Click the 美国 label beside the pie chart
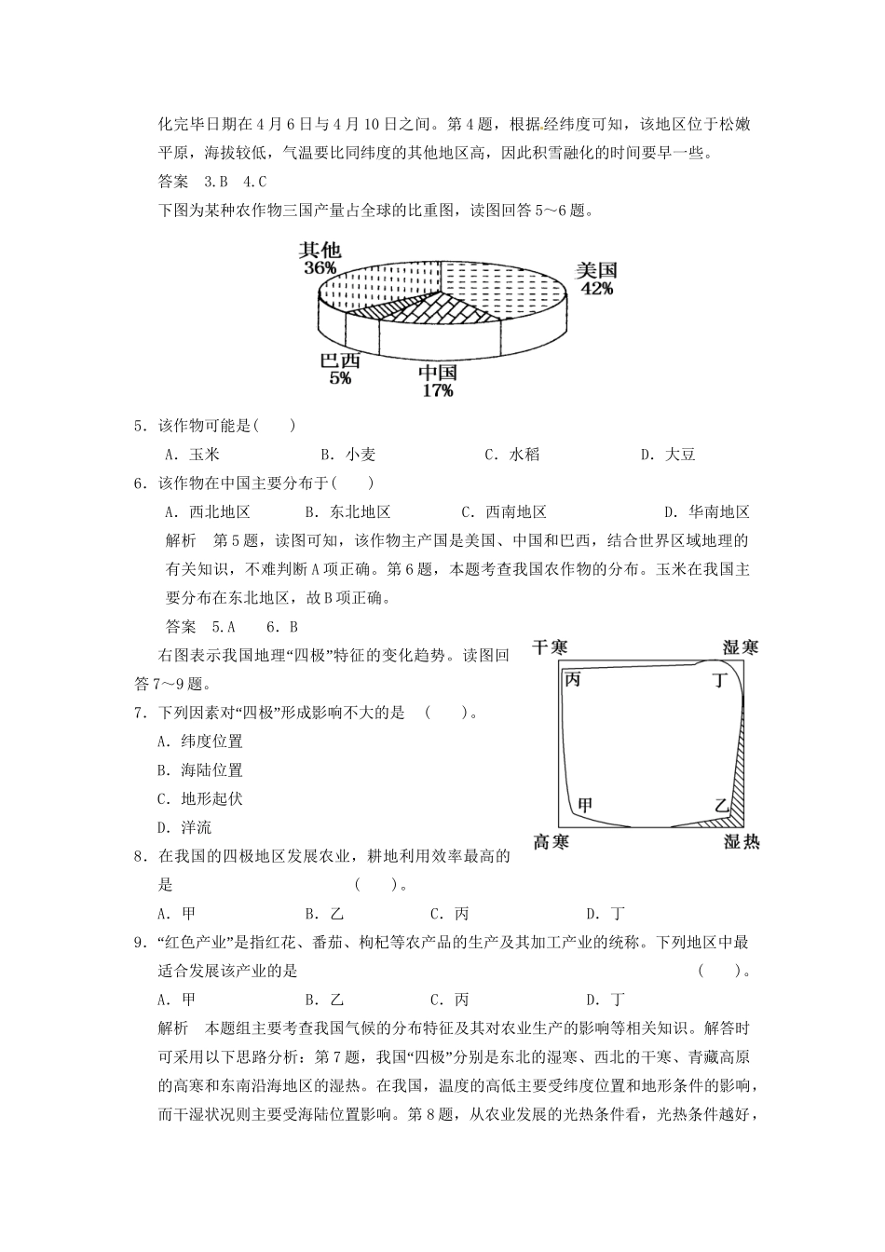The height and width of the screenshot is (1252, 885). [596, 270]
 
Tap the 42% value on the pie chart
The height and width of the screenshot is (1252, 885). [596, 289]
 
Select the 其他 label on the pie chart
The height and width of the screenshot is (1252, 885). [320, 250]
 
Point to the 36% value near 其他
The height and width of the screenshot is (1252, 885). [320, 267]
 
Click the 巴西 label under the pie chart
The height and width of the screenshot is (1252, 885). [339, 361]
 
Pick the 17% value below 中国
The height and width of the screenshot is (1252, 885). [437, 390]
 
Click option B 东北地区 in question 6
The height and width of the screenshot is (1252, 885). [348, 511]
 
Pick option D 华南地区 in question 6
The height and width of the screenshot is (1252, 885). [708, 511]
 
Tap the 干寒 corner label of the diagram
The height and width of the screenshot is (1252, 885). [551, 646]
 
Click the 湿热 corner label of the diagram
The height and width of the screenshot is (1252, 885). [742, 841]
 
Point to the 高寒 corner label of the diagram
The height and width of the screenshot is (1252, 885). [551, 841]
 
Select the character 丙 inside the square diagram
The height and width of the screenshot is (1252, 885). [573, 680]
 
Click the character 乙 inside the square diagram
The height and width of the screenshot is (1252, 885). [721, 804]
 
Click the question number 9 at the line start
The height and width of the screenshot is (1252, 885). [139, 943]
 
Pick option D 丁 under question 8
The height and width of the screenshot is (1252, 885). [606, 914]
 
